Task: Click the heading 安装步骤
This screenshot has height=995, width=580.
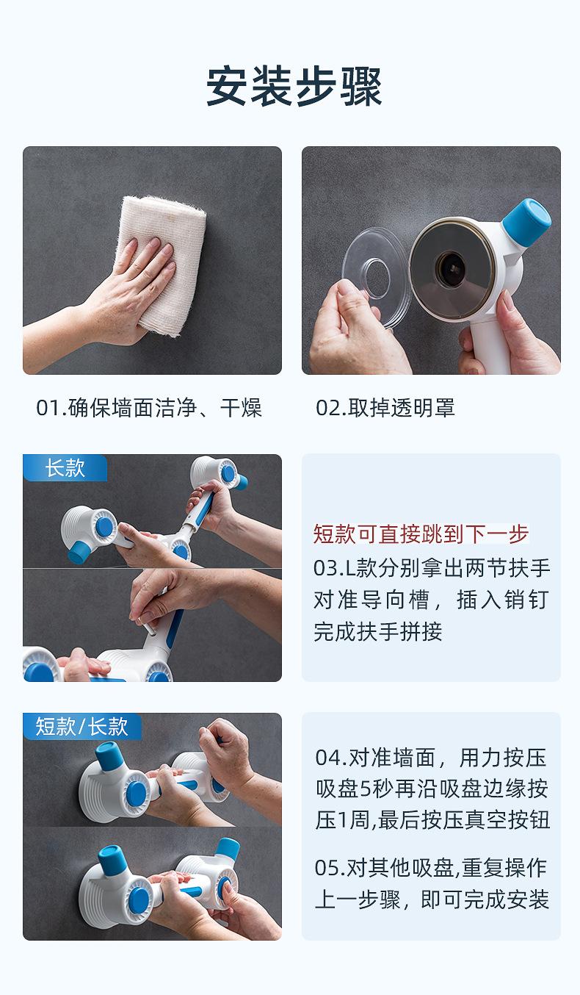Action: [x=294, y=86]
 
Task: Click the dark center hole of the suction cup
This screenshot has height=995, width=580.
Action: [x=451, y=268]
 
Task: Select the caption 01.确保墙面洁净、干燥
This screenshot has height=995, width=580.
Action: [x=149, y=408]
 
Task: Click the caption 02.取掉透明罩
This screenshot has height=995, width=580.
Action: [x=385, y=408]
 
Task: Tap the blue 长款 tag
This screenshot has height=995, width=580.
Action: [x=65, y=468]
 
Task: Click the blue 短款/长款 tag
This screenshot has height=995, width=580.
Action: [x=82, y=727]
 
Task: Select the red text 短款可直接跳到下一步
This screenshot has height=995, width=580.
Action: [x=421, y=534]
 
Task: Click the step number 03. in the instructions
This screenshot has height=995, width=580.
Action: [x=329, y=569]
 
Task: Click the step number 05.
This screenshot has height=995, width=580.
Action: [x=330, y=868]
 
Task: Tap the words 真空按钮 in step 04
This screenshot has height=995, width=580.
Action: [x=507, y=820]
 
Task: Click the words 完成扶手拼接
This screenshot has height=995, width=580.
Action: [x=377, y=632]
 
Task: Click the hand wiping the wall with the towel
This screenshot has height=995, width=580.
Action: [x=128, y=291]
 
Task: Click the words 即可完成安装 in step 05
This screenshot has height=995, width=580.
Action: [x=485, y=899]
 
